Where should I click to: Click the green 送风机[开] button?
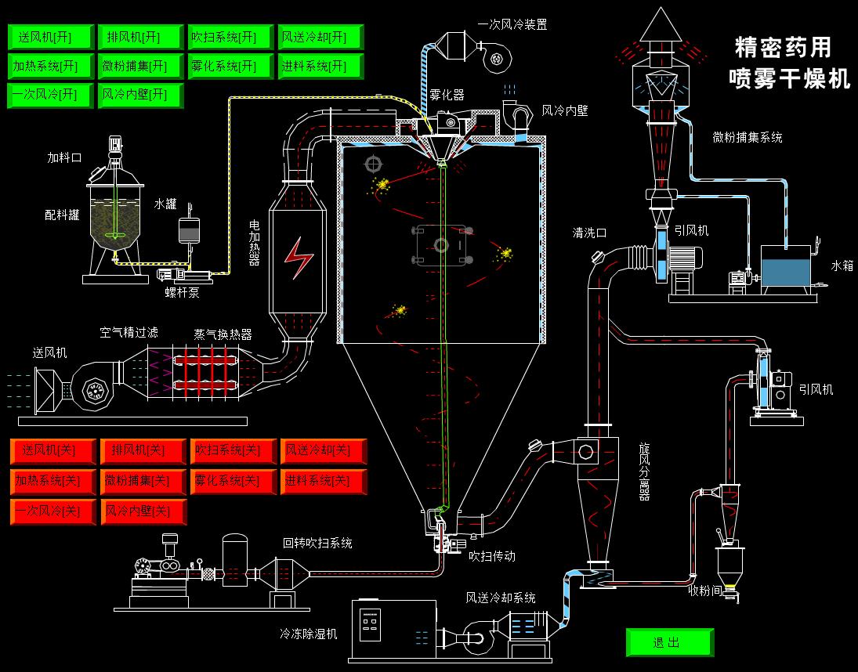[x=50, y=37]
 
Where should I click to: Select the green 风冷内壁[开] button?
[x=139, y=95]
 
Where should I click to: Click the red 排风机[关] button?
[x=143, y=450]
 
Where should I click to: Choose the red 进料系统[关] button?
[x=322, y=480]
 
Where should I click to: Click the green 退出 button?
[x=669, y=642]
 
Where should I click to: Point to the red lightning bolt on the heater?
[x=298, y=258]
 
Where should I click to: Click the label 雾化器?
[x=447, y=95]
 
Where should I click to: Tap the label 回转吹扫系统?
[x=317, y=543]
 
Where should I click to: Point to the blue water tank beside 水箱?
[x=787, y=271]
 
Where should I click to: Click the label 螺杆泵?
[x=182, y=291]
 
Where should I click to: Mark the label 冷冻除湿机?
[x=309, y=633]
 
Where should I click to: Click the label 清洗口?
[x=589, y=233]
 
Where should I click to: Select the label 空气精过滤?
[x=129, y=332]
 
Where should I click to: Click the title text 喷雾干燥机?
[x=789, y=78]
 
